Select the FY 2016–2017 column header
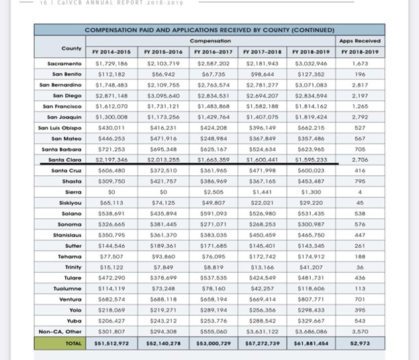[x=214, y=52]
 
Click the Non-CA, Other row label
[x=60, y=331]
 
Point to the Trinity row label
[x=73, y=267]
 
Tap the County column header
[x=71, y=48]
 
